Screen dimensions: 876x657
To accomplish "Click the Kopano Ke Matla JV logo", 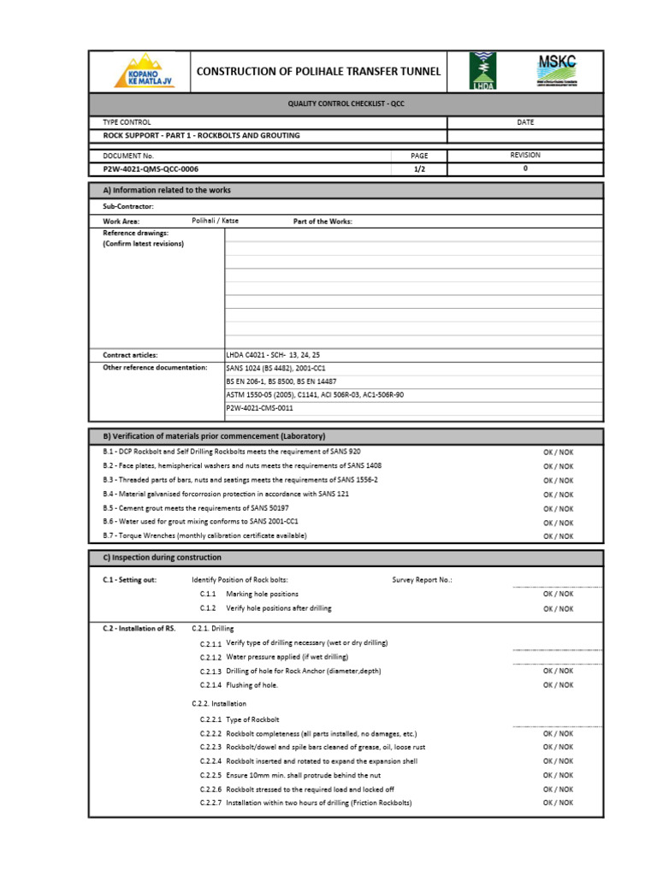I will (143, 71).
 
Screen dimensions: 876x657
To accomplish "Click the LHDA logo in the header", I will (481, 71).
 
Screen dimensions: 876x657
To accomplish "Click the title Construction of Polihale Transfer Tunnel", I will (318, 71).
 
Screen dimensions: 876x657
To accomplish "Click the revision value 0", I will (525, 169).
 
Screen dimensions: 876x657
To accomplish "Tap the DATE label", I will (525, 122).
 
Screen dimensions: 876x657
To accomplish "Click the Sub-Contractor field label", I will (128, 207).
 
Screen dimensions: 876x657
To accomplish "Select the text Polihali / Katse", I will (216, 221).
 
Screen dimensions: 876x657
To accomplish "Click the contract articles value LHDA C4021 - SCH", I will (272, 354).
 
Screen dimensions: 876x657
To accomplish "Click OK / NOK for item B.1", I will (558, 452).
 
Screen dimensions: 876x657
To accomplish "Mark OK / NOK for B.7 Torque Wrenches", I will (558, 536).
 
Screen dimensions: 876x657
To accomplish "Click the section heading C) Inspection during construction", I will (162, 558).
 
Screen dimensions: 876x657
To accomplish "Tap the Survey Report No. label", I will (422, 580).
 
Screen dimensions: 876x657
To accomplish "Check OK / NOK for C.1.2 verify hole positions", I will (558, 608).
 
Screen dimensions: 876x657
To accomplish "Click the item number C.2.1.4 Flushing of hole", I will (211, 685).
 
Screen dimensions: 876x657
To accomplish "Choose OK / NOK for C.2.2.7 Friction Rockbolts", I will (558, 802).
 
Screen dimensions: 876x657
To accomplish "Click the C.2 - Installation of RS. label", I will (139, 628).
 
